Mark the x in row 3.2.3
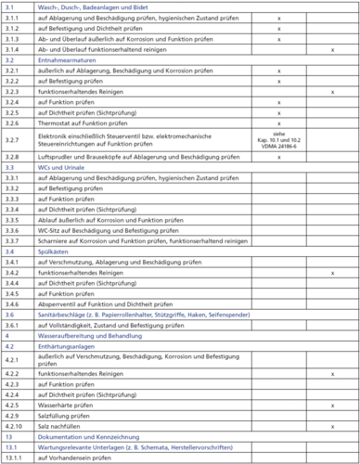332,91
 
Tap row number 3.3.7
12,240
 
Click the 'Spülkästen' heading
51,251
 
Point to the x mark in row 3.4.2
332,273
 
